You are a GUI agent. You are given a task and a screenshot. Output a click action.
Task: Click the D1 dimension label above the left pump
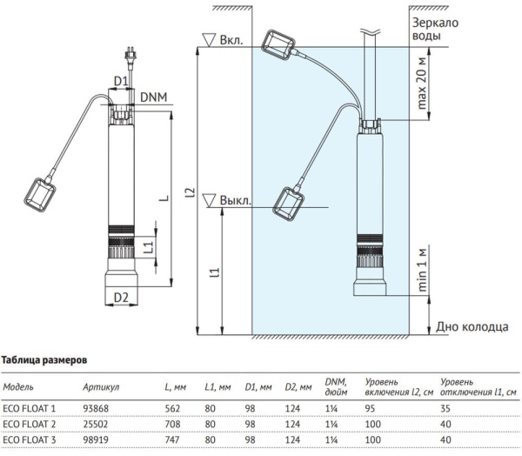[x=122, y=81]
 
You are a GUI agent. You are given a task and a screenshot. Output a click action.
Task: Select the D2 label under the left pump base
[x=121, y=298]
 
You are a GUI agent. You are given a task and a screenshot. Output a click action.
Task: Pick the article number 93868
[x=95, y=408]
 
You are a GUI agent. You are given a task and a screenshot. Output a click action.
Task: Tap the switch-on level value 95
[x=371, y=408]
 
